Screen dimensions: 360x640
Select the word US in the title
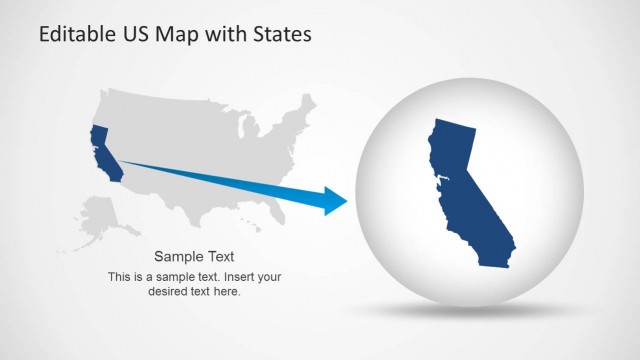pos(136,34)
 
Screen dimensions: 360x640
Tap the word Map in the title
pos(177,34)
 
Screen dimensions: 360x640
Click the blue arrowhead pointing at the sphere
pos(334,200)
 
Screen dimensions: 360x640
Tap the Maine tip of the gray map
pos(309,103)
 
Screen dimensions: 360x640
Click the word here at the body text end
pos(230,292)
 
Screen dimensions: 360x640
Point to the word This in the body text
pos(120,276)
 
